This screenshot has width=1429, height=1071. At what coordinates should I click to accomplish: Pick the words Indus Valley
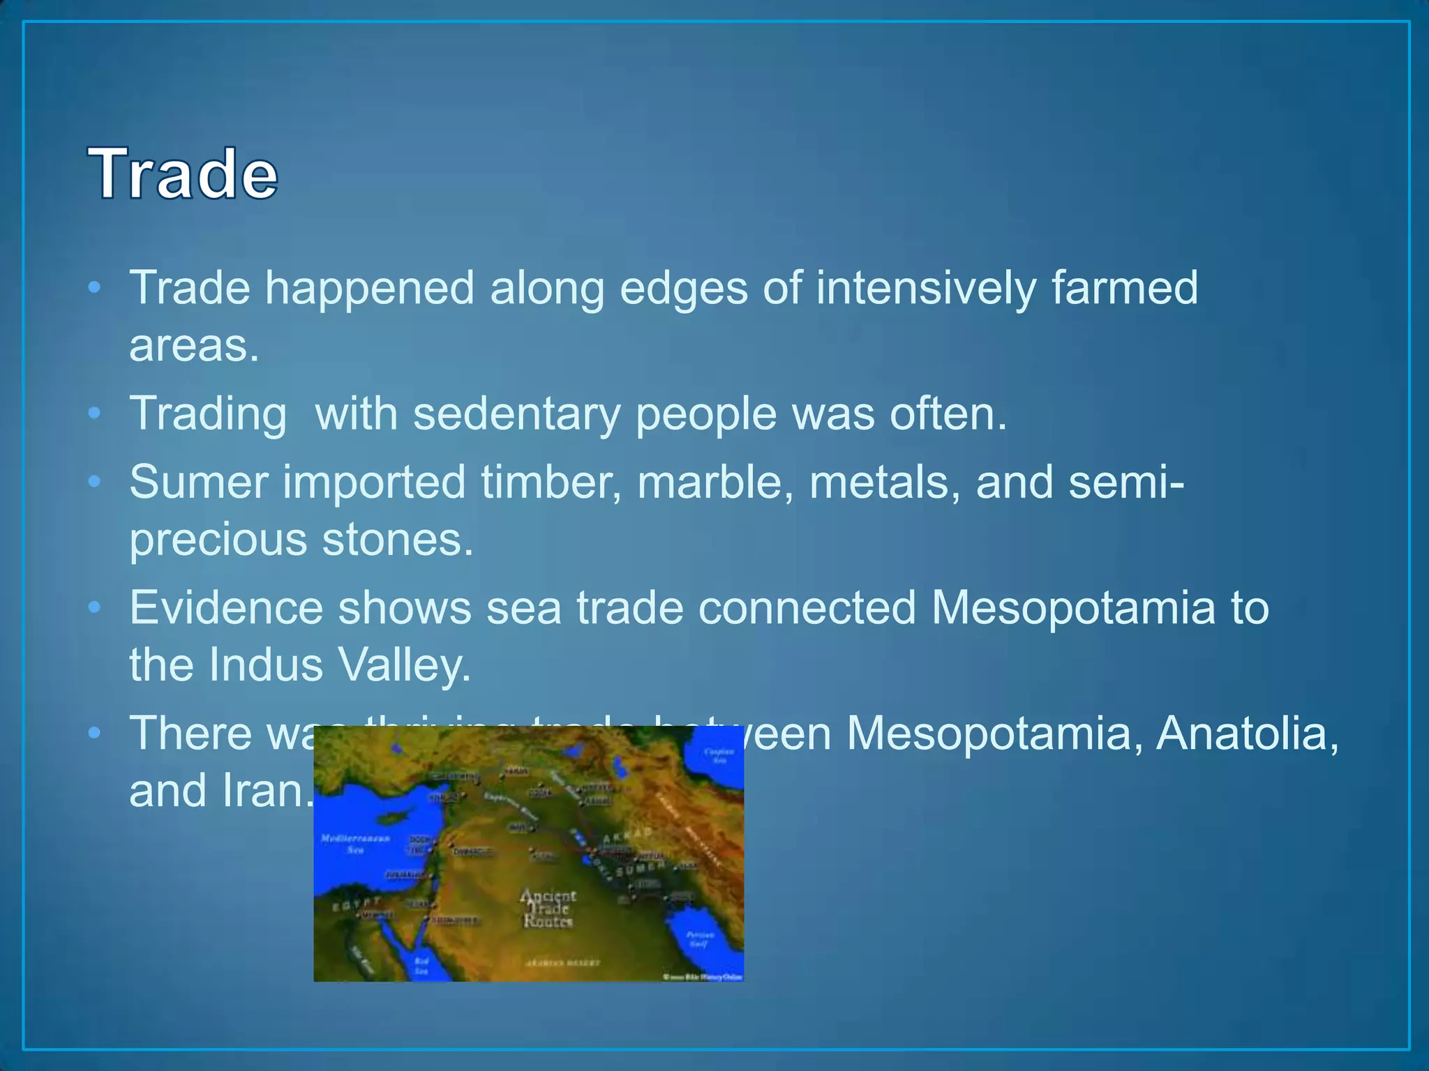(x=340, y=664)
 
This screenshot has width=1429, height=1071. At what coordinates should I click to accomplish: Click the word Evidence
(x=226, y=607)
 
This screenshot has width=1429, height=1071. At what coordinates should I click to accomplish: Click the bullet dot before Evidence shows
(x=95, y=607)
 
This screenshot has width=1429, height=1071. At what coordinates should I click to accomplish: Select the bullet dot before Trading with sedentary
(x=95, y=413)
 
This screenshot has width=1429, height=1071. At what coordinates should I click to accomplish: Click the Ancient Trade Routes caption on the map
(x=548, y=909)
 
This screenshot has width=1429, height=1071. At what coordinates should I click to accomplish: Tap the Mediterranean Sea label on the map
(x=355, y=843)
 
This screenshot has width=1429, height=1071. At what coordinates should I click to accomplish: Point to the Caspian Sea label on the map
(x=719, y=755)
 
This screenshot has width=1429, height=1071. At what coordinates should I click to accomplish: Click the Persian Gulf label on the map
(x=700, y=939)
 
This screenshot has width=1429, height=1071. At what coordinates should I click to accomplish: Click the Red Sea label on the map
(x=421, y=966)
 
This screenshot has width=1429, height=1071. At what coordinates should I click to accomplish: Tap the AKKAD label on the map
(x=627, y=835)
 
